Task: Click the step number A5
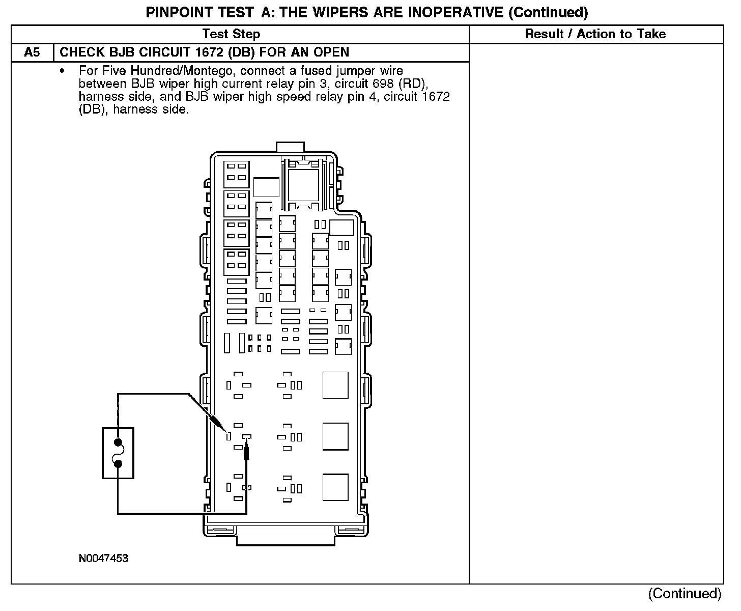point(32,52)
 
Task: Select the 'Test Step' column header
point(231,34)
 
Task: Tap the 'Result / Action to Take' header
point(595,34)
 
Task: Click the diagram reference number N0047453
point(103,558)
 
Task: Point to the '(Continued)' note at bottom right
point(685,594)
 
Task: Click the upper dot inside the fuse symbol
point(118,442)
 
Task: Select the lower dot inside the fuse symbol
point(118,464)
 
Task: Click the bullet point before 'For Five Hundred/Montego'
point(62,71)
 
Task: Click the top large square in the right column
point(335,385)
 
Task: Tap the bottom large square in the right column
point(335,487)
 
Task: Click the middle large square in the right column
point(335,436)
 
